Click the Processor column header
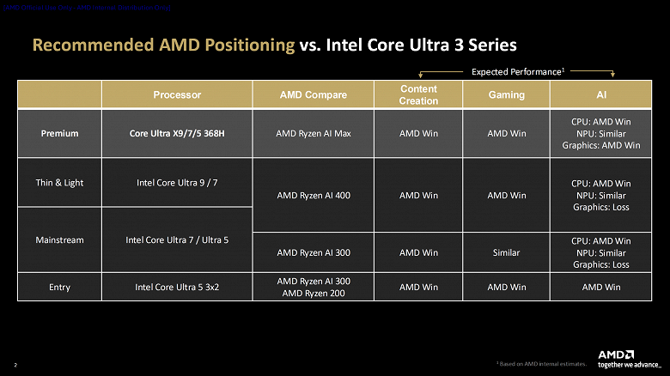(x=177, y=94)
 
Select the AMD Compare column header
(x=314, y=94)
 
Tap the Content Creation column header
(x=418, y=94)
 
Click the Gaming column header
(x=506, y=94)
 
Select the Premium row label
(x=59, y=133)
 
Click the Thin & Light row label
(x=59, y=182)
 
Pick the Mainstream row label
(x=59, y=240)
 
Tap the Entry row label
(x=59, y=287)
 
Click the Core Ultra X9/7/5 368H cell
(x=177, y=133)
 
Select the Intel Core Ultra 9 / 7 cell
(x=177, y=182)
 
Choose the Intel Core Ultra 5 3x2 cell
(x=177, y=287)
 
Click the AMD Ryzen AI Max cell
(x=314, y=133)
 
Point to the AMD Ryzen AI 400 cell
(x=314, y=195)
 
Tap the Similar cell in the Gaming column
(x=506, y=252)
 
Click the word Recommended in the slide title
(x=86, y=44)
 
